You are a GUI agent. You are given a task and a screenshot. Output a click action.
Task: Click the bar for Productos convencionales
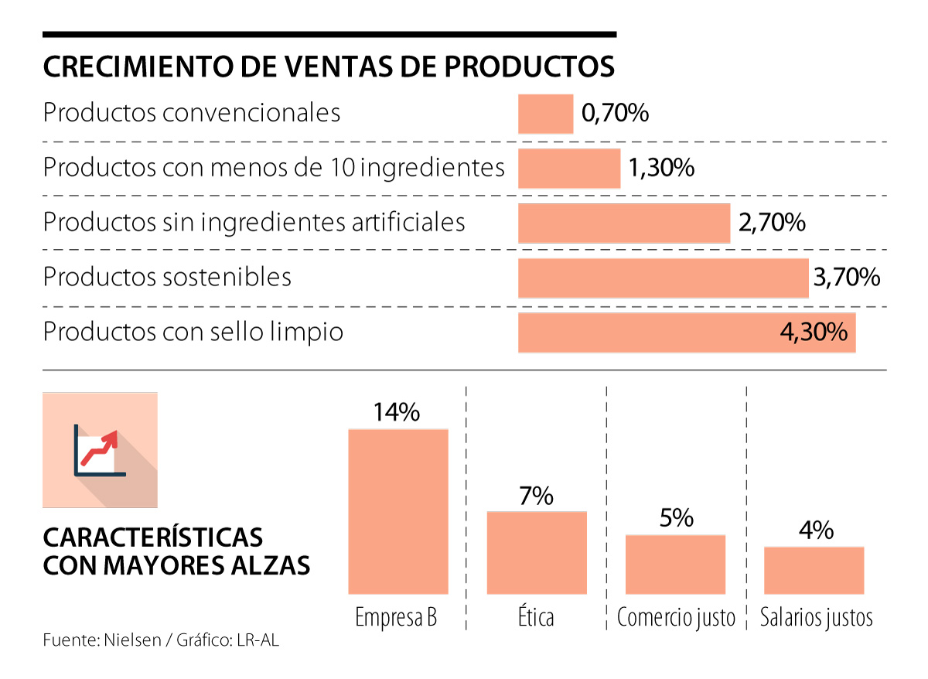[545, 114]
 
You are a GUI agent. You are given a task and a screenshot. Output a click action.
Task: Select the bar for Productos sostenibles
[663, 278]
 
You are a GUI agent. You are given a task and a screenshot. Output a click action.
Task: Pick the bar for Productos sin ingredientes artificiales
[623, 223]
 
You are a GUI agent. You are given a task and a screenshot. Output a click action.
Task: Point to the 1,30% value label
[661, 168]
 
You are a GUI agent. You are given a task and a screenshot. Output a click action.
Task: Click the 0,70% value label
[615, 114]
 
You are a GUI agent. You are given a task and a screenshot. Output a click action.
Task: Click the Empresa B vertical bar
[398, 510]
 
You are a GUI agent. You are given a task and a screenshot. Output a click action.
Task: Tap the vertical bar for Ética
[537, 552]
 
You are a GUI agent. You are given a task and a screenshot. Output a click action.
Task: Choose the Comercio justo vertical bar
[675, 564]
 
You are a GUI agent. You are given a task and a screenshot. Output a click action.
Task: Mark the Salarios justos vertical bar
[814, 570]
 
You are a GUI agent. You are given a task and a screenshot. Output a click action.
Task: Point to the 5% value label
[676, 517]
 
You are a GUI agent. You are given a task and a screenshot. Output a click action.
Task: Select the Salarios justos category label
[816, 618]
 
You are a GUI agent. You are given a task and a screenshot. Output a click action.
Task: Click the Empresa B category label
[396, 618]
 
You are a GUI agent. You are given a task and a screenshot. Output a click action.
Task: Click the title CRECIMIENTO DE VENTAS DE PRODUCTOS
[329, 67]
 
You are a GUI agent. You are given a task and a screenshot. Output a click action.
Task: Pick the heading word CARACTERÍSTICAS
[153, 537]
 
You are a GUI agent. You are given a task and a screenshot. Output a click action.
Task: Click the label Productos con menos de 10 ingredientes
[274, 168]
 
